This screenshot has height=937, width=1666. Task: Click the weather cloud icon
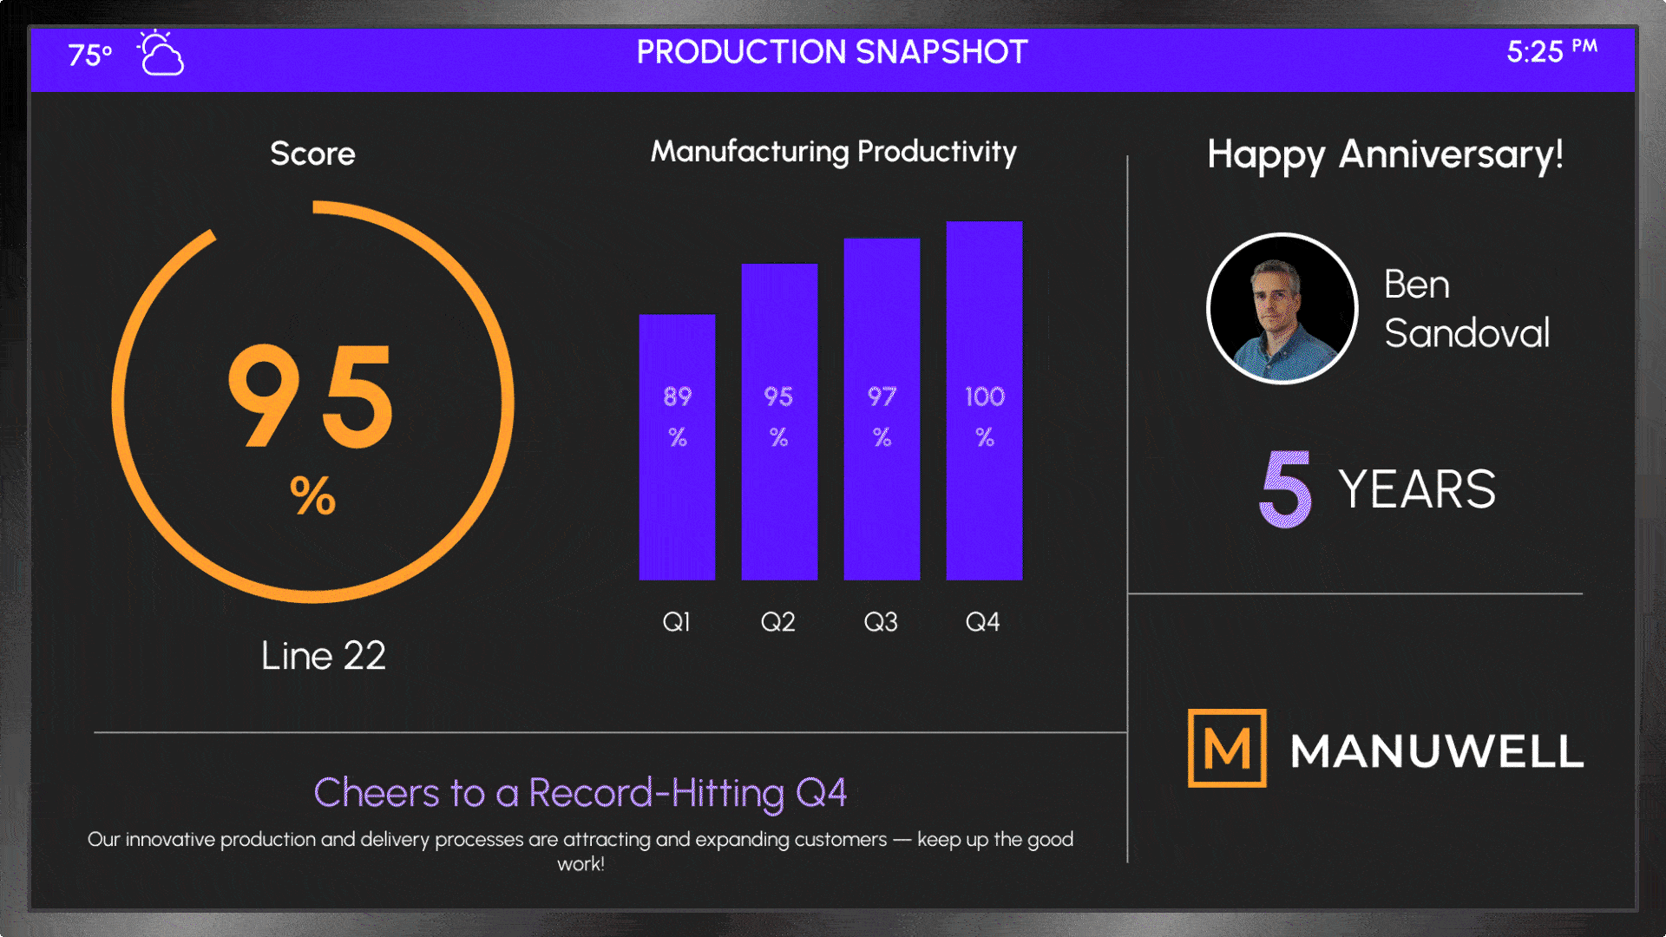(161, 55)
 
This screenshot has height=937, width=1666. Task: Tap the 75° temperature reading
(89, 55)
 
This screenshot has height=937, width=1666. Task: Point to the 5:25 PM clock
(1551, 51)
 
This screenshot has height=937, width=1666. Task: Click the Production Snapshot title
(832, 52)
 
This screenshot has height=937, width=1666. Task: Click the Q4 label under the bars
(982, 621)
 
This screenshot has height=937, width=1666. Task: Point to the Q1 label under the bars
(676, 621)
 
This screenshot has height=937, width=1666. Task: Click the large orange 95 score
(312, 396)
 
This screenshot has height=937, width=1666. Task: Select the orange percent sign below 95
(312, 496)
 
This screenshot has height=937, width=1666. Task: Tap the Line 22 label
(323, 656)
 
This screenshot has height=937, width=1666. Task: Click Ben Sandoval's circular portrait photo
(1282, 308)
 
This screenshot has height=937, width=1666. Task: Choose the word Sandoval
(1466, 333)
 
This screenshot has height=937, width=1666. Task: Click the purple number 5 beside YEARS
(1285, 488)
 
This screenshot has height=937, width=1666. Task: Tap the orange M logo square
(1227, 748)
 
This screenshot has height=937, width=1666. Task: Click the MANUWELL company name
(1437, 750)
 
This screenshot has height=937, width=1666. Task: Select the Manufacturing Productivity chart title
(833, 152)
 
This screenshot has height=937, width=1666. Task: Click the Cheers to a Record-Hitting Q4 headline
(580, 793)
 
